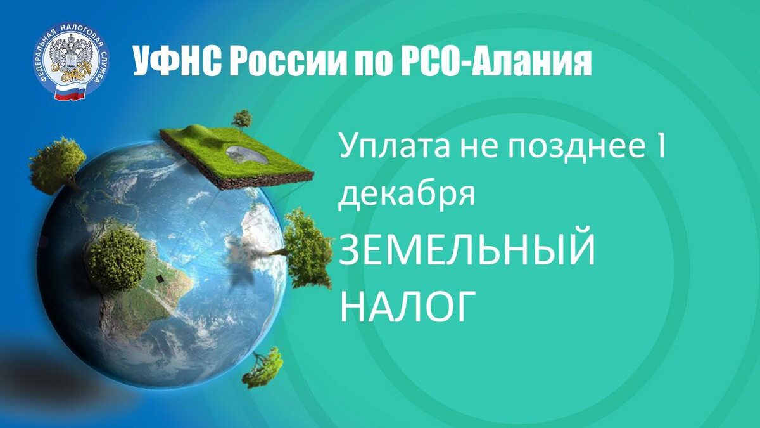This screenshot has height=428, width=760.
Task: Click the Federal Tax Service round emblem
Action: [x=70, y=62]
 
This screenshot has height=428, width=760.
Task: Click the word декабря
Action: [x=406, y=193]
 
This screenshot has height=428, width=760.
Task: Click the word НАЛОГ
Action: [x=408, y=306]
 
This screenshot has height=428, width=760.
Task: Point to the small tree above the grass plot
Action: [x=242, y=119]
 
